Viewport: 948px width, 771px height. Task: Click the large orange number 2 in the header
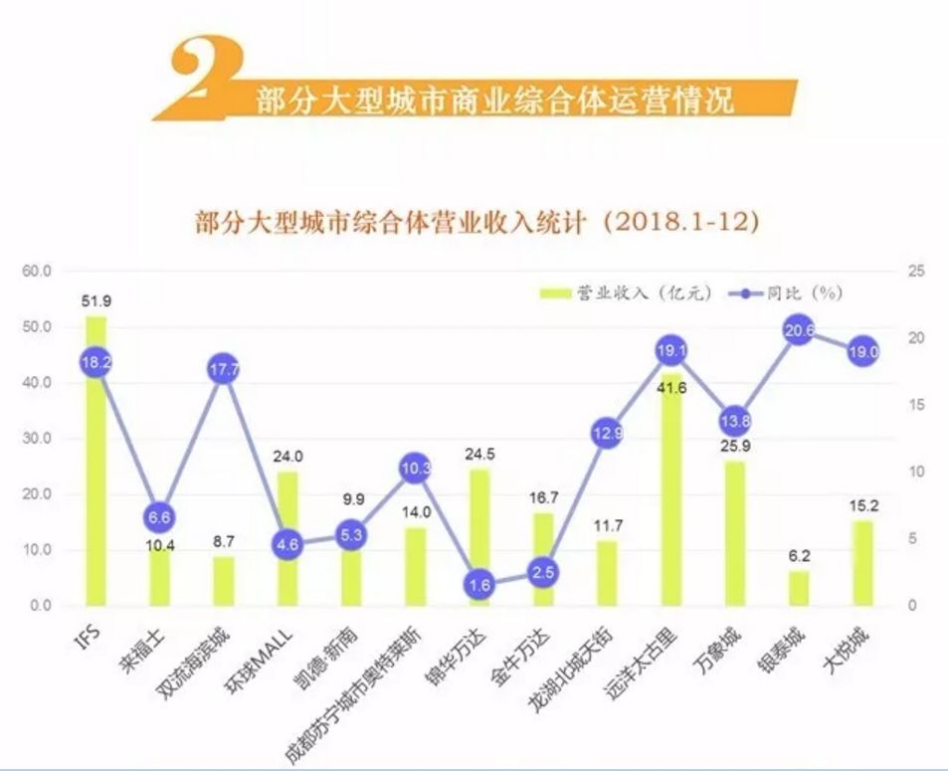204,80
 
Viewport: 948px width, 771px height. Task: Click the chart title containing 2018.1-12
477,221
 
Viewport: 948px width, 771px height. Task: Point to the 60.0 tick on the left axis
36,271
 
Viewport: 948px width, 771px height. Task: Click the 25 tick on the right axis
917,271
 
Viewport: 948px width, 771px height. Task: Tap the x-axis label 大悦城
851,646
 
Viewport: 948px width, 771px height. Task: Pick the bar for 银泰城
800,588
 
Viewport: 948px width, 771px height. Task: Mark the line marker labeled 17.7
224,369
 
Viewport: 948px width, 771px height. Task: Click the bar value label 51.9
95,300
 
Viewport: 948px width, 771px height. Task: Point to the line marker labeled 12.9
607,433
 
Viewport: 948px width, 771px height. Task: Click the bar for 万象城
735,533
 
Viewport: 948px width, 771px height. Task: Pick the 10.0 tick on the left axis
36,550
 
